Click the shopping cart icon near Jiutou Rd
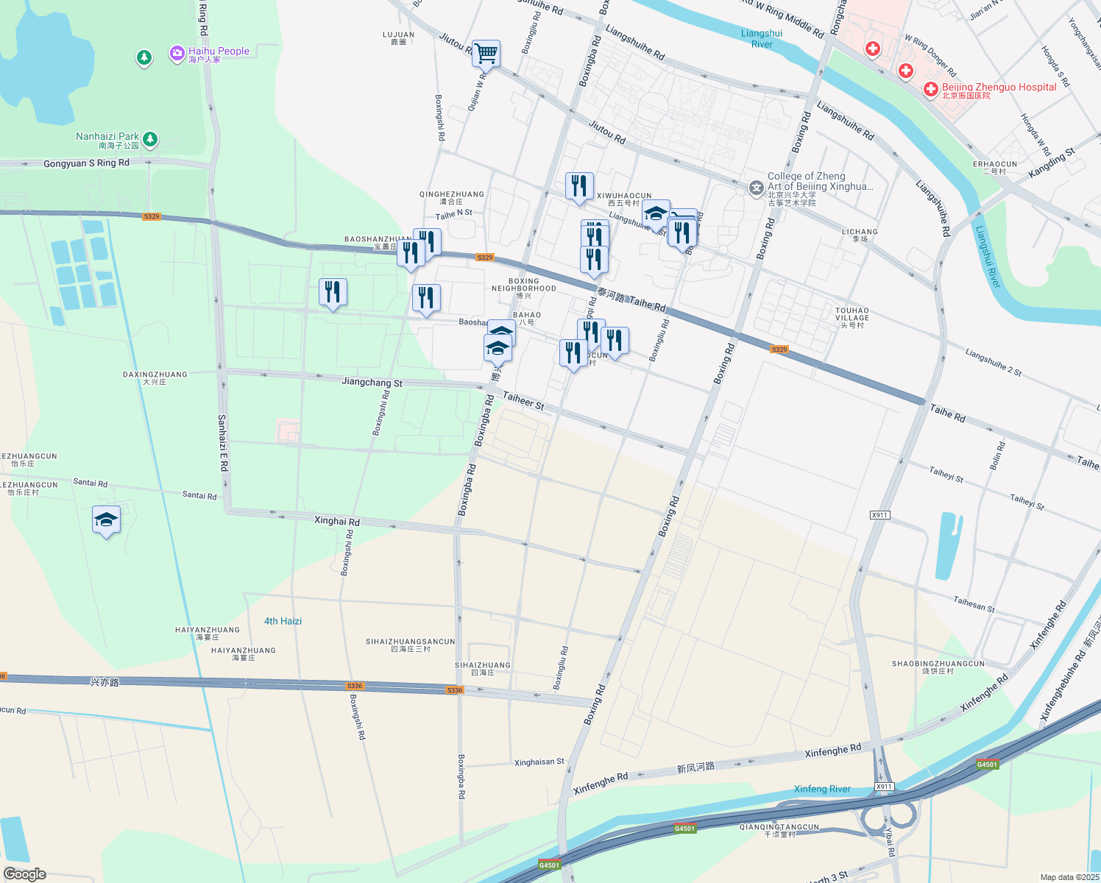coord(486,53)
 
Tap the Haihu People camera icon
coord(177,54)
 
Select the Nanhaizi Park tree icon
coord(150,138)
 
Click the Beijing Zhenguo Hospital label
coord(999,88)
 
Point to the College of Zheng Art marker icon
coord(756,188)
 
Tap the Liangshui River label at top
coord(762,39)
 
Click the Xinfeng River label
coord(822,789)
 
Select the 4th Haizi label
coord(283,621)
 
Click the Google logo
coord(25,873)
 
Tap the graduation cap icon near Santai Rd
coord(107,519)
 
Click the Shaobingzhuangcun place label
coord(938,667)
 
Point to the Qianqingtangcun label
coord(779,830)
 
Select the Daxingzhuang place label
coord(155,377)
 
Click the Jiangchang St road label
coord(372,382)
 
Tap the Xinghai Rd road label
coord(337,521)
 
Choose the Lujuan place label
coord(398,38)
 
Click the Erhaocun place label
coord(995,168)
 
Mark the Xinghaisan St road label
coord(539,762)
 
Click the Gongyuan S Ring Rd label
coord(86,163)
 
